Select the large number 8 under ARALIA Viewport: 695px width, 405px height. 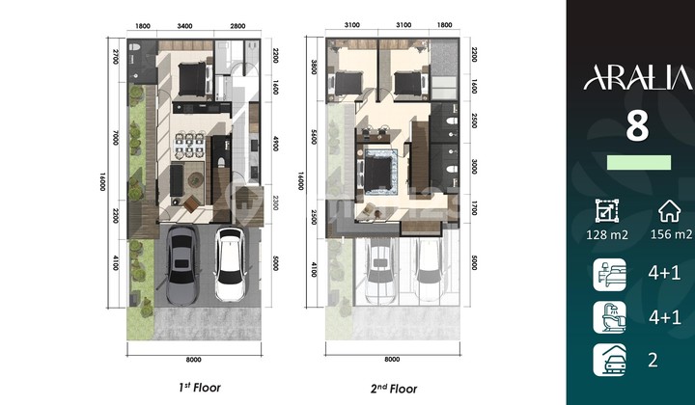point(636,125)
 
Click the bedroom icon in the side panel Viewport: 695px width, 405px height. point(610,275)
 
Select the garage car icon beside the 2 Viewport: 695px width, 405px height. point(610,360)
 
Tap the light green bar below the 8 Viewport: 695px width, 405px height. point(638,162)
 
